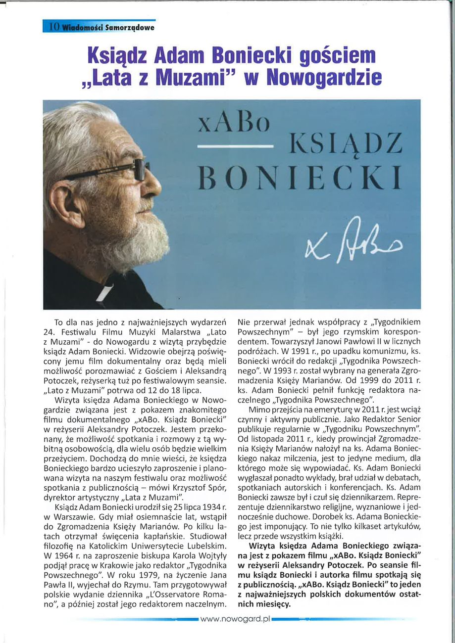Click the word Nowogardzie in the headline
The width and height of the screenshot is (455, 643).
pyautogui.click(x=324, y=77)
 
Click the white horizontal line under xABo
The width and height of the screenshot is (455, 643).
pyautogui.click(x=236, y=147)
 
